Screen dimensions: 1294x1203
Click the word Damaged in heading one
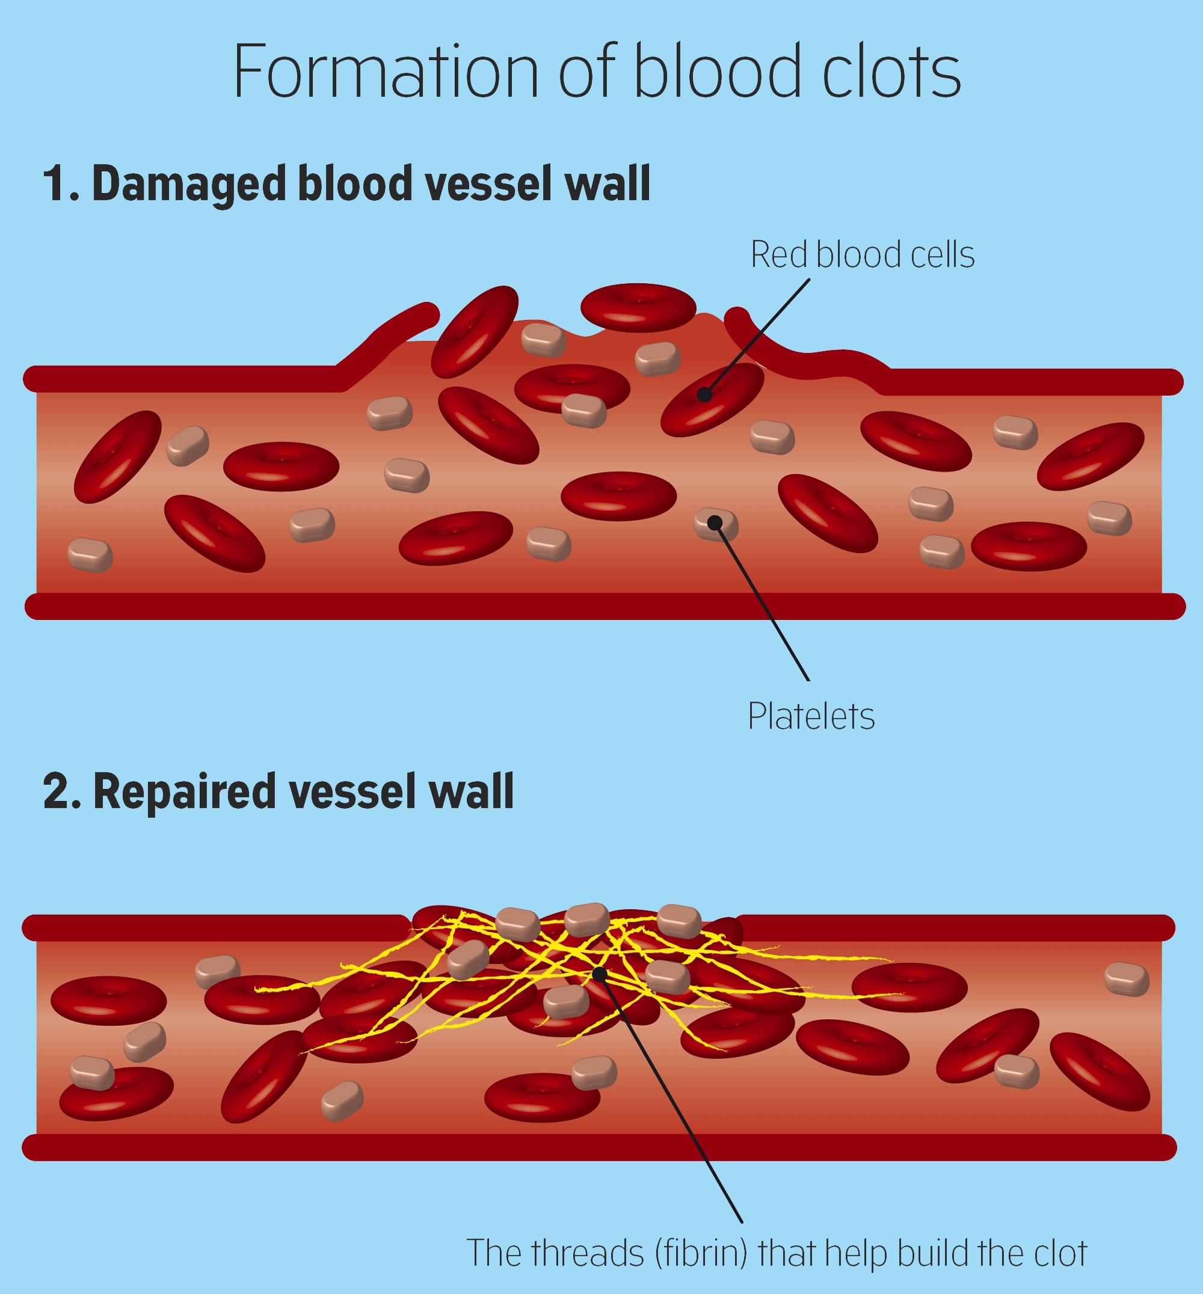point(189,184)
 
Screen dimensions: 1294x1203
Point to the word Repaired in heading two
point(185,792)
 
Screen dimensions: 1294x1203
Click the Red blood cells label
point(862,254)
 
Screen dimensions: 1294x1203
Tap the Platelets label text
point(810,717)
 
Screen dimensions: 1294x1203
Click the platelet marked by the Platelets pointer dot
point(715,524)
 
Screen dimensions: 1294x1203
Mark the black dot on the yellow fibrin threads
point(600,974)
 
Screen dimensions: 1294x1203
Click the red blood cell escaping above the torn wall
point(638,307)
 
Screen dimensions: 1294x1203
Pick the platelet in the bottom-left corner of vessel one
point(90,554)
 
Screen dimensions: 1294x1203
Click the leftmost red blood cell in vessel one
point(118,456)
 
